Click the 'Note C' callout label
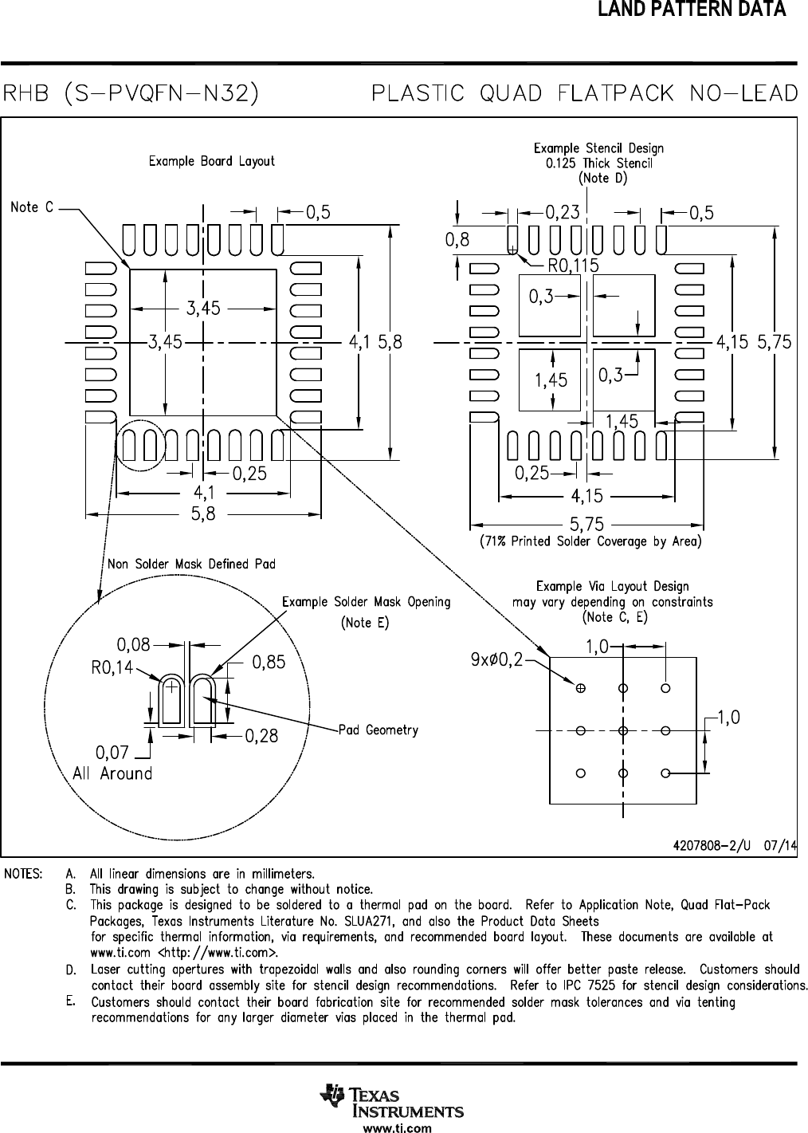(x=32, y=207)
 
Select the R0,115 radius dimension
(x=574, y=266)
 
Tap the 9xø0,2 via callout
(x=496, y=659)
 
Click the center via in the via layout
(x=623, y=730)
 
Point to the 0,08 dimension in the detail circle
(x=134, y=644)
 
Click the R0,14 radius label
(x=112, y=667)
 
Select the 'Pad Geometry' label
(x=379, y=730)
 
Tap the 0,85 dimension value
(x=269, y=662)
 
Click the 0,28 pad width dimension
(x=261, y=736)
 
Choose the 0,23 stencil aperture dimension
(x=563, y=212)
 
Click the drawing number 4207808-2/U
(x=712, y=845)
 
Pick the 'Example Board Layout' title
(x=211, y=161)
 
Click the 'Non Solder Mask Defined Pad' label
(x=191, y=564)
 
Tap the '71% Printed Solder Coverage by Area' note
(x=590, y=541)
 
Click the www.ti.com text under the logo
(x=398, y=1127)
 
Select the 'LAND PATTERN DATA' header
(x=692, y=9)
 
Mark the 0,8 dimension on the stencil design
(x=457, y=239)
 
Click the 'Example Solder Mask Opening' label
(x=366, y=602)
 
